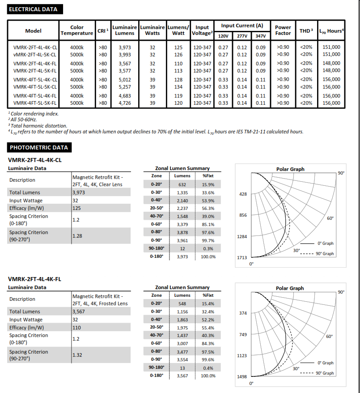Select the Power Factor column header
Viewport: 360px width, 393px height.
(283, 30)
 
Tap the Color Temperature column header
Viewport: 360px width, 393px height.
(77, 30)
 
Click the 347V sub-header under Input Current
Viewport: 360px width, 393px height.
(260, 36)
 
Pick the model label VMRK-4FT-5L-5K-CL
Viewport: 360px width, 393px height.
(35, 87)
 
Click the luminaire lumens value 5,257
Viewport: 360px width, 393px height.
(124, 87)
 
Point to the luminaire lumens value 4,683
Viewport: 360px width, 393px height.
(124, 96)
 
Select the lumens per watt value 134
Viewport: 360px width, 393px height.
(178, 87)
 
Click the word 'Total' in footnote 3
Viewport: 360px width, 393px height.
(17, 126)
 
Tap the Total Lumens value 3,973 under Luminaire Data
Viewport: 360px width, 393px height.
(79, 192)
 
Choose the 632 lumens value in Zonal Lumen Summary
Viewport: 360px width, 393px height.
(182, 184)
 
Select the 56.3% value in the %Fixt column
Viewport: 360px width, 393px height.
(208, 209)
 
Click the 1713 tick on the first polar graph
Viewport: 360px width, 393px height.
(242, 258)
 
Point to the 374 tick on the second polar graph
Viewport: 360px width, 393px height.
(243, 313)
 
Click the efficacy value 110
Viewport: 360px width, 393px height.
(76, 328)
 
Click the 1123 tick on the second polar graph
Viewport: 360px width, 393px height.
(242, 355)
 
